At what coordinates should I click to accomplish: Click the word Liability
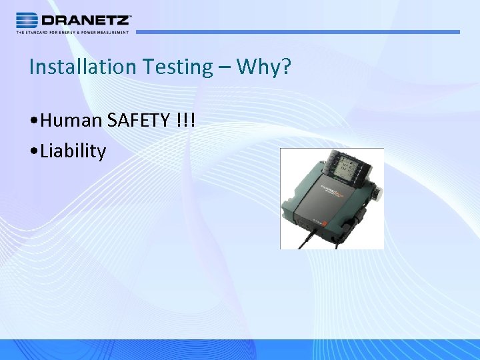tap(73, 151)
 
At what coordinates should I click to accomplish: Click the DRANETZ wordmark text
tap(87, 19)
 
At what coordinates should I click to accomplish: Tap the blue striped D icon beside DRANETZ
tap(27, 19)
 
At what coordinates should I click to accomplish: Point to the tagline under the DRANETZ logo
tap(73, 32)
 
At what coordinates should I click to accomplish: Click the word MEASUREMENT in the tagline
tap(113, 32)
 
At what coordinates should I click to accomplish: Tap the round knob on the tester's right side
tap(377, 193)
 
